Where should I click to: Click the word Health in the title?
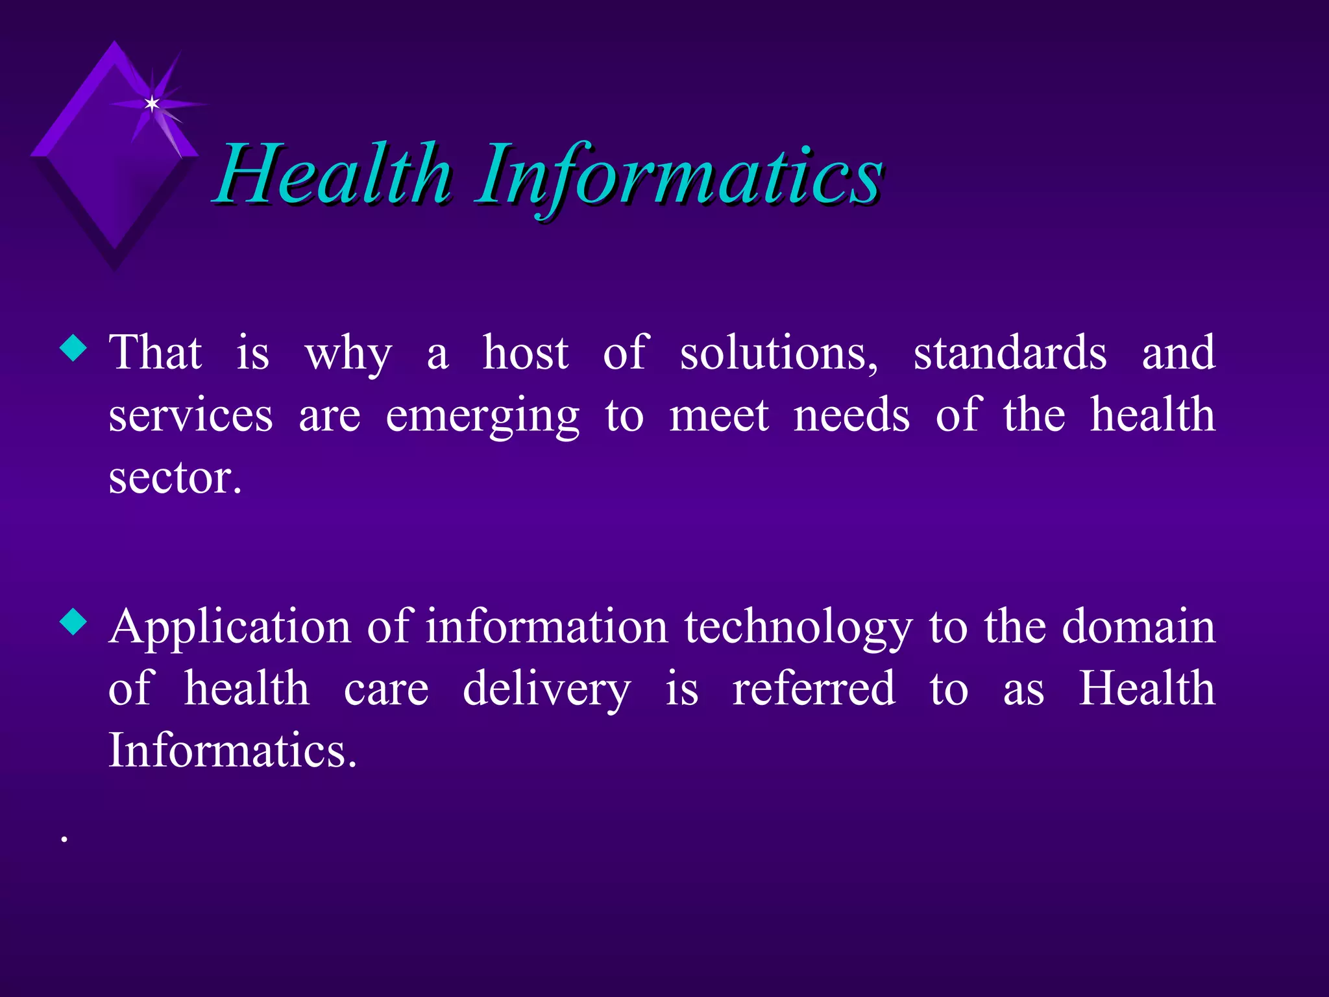pyautogui.click(x=334, y=174)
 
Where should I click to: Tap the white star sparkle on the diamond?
pyautogui.click(x=152, y=104)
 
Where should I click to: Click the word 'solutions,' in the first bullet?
pyautogui.click(x=779, y=354)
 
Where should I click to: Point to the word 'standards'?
pyautogui.click(x=1010, y=354)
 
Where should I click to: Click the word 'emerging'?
pyautogui.click(x=482, y=417)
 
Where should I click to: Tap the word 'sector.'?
pyautogui.click(x=175, y=478)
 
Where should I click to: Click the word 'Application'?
pyautogui.click(x=230, y=628)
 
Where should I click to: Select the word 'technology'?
pyautogui.click(x=798, y=628)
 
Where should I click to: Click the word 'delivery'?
pyautogui.click(x=546, y=690)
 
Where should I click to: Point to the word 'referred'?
pyautogui.click(x=814, y=689)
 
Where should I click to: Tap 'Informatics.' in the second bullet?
pyautogui.click(x=232, y=751)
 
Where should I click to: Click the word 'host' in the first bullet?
pyautogui.click(x=525, y=354)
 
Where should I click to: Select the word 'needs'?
pyautogui.click(x=851, y=416)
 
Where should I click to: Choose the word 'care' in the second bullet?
pyautogui.click(x=386, y=690)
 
